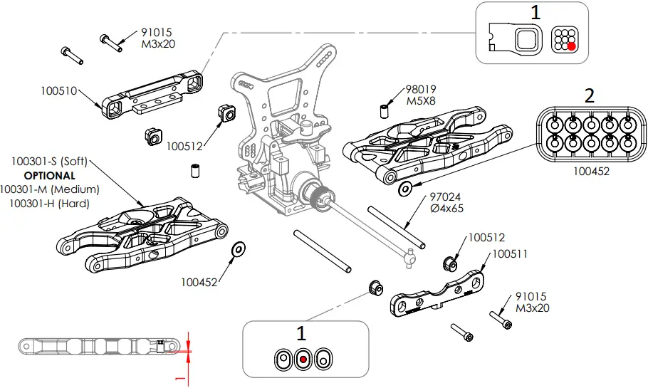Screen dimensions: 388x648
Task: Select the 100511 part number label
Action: coord(510,253)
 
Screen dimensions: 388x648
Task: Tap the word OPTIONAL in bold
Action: coord(49,175)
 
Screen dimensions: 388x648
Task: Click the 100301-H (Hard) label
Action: coord(49,204)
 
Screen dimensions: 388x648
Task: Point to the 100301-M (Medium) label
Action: coord(49,189)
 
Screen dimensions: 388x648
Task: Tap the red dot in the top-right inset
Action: coord(570,46)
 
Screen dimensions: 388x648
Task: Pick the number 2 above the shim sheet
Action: coord(589,96)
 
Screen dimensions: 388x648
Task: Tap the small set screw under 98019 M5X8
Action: coord(382,110)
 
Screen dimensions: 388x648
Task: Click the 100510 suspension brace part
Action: coord(153,93)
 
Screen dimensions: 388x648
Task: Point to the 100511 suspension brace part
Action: coord(437,293)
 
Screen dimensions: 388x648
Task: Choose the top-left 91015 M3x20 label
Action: coord(158,38)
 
